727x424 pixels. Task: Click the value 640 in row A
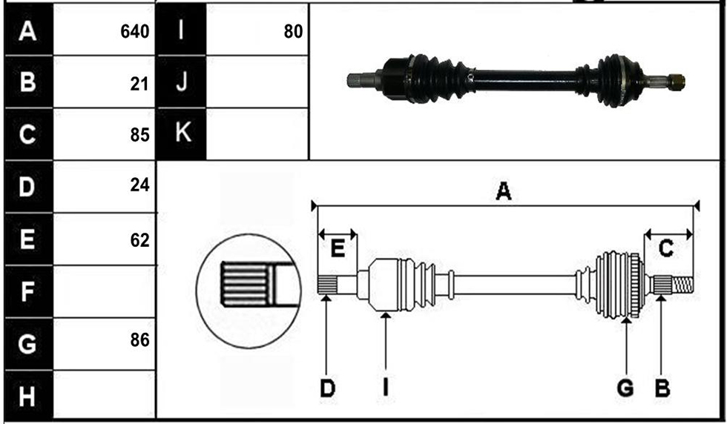click(x=134, y=32)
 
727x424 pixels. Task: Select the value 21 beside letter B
click(x=139, y=84)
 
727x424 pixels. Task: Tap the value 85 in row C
click(x=139, y=135)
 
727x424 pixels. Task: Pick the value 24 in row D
click(x=139, y=185)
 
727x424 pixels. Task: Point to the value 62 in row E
click(x=139, y=240)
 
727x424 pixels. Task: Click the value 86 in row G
click(x=139, y=339)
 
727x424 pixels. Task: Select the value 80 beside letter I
click(x=293, y=32)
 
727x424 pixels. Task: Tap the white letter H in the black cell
click(x=27, y=397)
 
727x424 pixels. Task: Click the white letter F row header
click(x=27, y=291)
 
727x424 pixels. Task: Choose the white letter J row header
click(x=181, y=82)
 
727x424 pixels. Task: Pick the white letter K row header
click(x=182, y=132)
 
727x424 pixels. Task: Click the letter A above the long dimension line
click(x=504, y=191)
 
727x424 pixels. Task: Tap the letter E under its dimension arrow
click(x=338, y=249)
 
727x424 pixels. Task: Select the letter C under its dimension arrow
click(x=666, y=249)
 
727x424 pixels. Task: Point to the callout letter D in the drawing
click(x=327, y=388)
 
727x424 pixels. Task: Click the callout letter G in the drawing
click(x=625, y=388)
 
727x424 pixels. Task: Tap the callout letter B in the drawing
click(x=662, y=388)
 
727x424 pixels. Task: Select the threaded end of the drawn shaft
click(x=683, y=285)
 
